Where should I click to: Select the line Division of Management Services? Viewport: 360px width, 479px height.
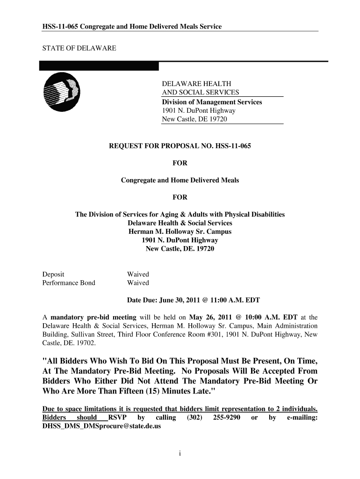[x=212, y=102]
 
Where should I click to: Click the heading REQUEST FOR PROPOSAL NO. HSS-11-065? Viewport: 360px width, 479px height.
[x=180, y=146]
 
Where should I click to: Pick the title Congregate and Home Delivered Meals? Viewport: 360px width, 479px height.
[x=180, y=180]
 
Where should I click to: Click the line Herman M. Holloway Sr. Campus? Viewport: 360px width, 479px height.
[x=180, y=232]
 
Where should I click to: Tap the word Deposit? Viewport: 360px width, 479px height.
[x=53, y=274]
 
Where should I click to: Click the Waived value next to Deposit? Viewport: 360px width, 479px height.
[x=138, y=274]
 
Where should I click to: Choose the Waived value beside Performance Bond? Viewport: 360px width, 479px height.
[x=138, y=283]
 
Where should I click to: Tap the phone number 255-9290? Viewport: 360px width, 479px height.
[x=227, y=417]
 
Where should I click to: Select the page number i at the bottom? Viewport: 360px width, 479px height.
[x=180, y=453]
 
